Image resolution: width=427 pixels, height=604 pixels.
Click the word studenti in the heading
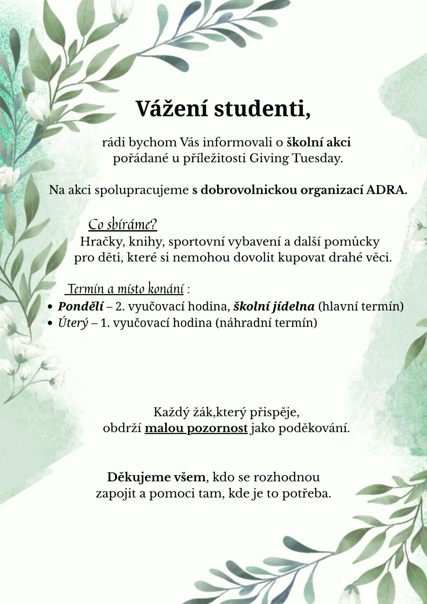tap(262, 108)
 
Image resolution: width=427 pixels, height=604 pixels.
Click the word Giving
tap(268, 158)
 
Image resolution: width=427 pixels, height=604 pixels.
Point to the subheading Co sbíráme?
tap(122, 224)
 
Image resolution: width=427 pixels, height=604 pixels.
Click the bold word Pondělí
tap(81, 306)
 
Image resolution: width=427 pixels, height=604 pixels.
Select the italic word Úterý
tap(73, 323)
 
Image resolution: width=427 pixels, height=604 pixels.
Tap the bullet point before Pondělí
tap(50, 307)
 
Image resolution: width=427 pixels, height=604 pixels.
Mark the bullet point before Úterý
tap(50, 323)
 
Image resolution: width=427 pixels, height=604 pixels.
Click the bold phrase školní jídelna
tap(274, 306)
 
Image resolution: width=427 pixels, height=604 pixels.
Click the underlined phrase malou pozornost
tap(196, 428)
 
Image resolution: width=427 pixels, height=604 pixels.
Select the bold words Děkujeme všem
tap(156, 477)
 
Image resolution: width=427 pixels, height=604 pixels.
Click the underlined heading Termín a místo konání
tap(126, 289)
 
